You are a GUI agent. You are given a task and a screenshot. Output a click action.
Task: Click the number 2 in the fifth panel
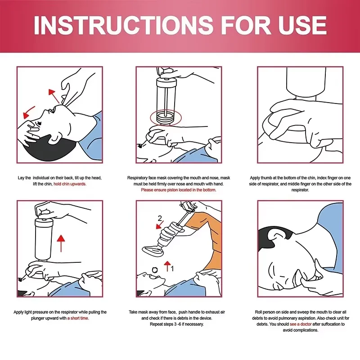click(158, 219)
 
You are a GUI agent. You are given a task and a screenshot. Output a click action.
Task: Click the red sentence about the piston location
click(179, 190)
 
